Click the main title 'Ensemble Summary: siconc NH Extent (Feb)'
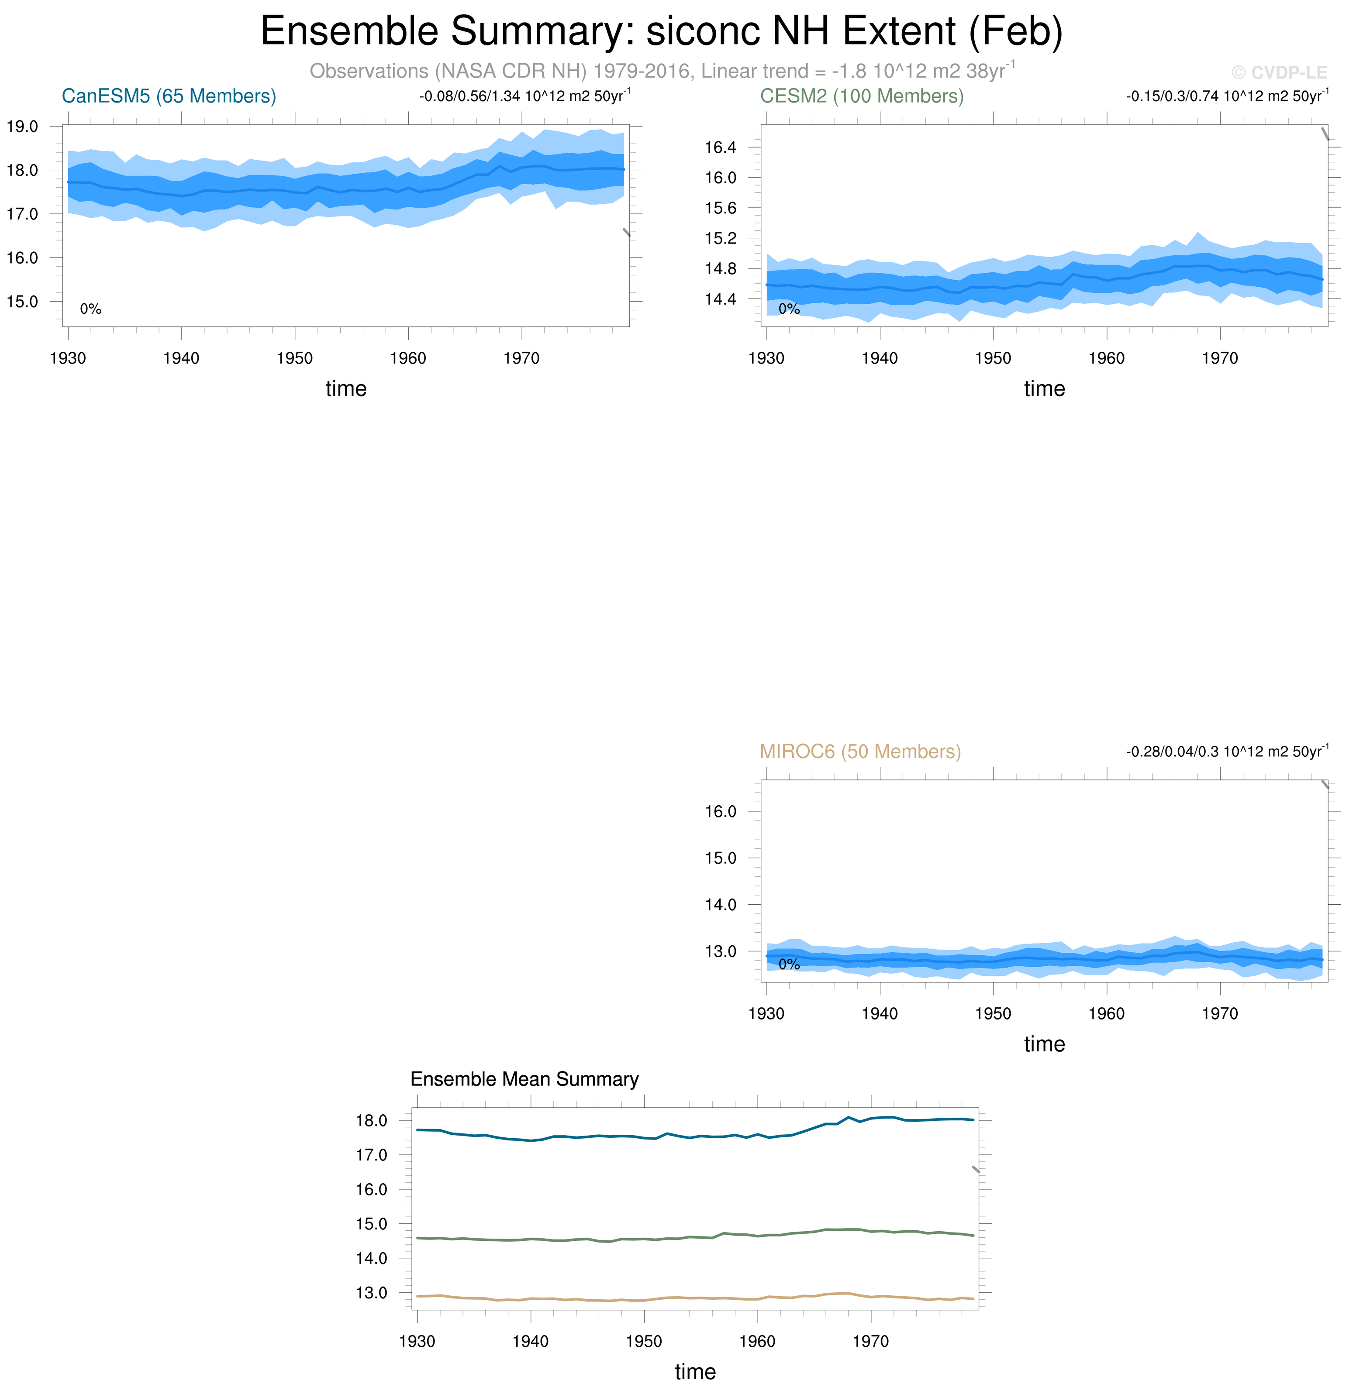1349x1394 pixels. tap(661, 31)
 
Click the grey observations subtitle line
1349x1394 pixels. tap(661, 71)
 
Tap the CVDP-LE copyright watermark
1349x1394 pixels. tap(1279, 72)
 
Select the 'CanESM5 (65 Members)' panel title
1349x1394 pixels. tap(169, 96)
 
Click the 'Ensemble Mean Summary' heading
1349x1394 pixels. tap(524, 1079)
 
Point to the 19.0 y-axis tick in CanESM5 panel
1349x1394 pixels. tap(22, 127)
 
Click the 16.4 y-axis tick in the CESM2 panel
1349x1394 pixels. tap(720, 147)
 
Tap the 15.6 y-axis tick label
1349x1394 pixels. tap(720, 208)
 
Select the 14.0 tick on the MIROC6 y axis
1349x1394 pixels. tap(720, 905)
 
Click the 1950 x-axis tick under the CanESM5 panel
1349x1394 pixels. tap(294, 358)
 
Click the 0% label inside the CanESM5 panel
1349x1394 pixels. tap(90, 309)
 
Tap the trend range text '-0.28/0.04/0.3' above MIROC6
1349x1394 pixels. tap(1172, 752)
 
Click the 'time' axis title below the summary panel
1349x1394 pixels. tap(695, 1371)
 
